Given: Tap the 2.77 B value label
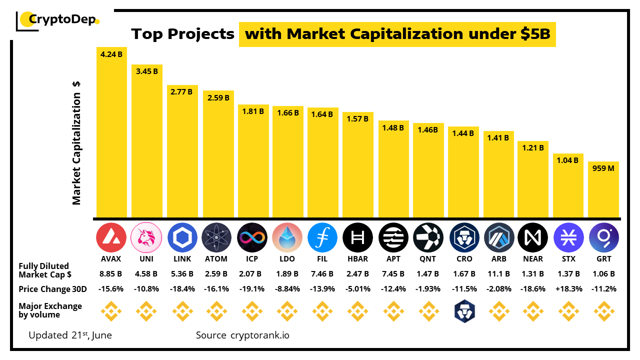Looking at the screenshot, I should pos(182,92).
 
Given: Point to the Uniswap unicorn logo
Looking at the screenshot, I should pos(146,237).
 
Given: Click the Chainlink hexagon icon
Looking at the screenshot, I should pos(182,237).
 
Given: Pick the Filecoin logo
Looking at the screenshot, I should pos(322,237).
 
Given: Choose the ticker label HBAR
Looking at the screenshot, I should pos(357,259).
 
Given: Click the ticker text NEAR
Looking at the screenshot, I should pos(532,259).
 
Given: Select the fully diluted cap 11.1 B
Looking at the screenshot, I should pos(498,274).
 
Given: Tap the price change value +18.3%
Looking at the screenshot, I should pos(568,289).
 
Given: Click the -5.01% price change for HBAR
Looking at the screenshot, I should pos(357,289).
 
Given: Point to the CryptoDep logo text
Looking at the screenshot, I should pos(62,19).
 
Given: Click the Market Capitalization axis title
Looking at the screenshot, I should pos(76,143).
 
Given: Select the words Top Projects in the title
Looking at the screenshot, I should pos(182,34).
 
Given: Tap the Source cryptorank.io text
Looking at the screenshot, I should pos(242,335).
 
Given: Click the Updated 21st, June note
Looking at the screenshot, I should pos(70,335).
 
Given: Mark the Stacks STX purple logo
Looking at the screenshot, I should pos(568,237).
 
